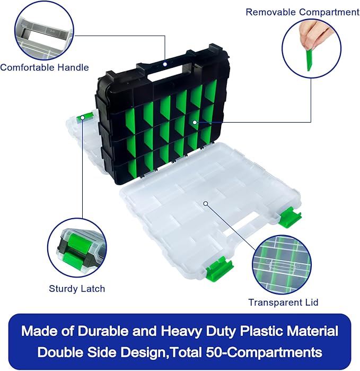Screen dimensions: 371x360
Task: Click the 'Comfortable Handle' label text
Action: pos(44,67)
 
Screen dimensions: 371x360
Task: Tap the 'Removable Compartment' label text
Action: pos(302,12)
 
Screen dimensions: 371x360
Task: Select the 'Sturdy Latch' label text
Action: pos(77,289)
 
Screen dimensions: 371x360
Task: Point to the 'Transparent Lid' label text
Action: pos(283,302)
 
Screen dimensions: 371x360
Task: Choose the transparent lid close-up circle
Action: pos(283,262)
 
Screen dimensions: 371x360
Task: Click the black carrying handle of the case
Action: pos(165,67)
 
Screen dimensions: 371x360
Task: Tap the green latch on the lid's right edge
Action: pos(290,217)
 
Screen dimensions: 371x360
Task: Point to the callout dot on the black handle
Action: pos(165,64)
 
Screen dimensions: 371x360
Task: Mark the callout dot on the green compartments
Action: pos(195,123)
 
